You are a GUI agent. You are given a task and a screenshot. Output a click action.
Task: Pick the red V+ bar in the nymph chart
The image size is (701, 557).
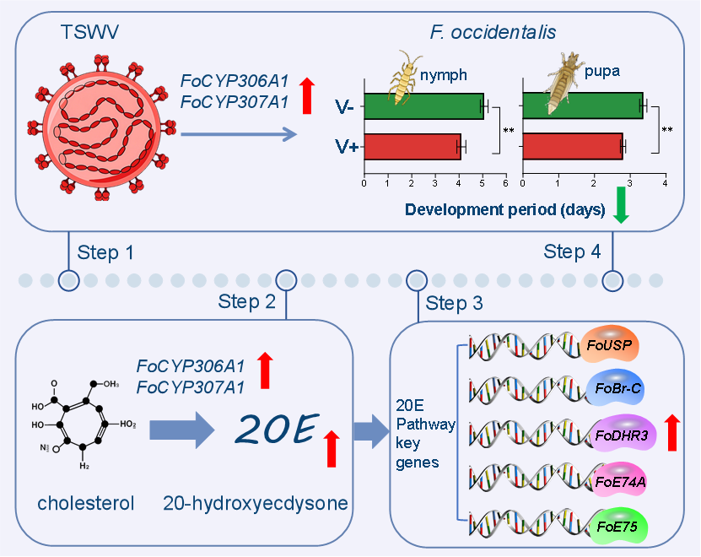click(x=412, y=147)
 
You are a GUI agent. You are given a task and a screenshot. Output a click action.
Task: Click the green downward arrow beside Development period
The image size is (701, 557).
click(x=621, y=206)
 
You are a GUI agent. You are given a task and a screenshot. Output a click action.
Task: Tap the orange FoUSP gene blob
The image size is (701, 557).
click(x=611, y=344)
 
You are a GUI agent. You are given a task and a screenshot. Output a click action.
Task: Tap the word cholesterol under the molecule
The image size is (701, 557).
click(x=86, y=504)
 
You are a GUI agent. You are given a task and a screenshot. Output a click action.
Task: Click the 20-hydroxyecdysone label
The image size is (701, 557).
click(x=256, y=504)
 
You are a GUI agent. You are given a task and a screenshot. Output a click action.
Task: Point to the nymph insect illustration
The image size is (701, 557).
click(x=406, y=73)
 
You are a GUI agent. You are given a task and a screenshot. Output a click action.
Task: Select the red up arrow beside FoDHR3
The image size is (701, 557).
click(x=672, y=433)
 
